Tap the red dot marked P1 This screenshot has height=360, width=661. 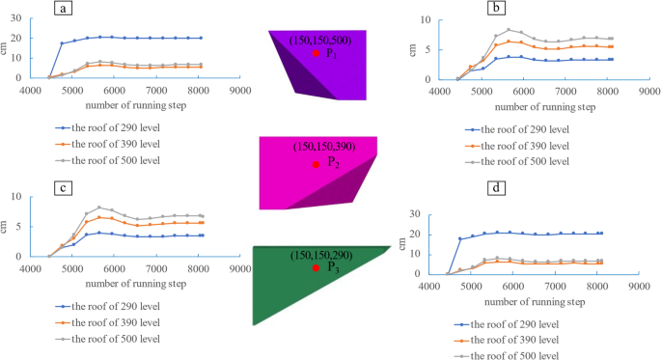pos(315,53)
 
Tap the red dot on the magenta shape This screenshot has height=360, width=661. pos(315,164)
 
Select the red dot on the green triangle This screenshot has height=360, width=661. pos(316,267)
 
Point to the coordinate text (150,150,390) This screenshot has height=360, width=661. pos(324,147)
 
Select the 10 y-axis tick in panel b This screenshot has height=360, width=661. pos(412,19)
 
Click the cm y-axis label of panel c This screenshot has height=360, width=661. pos(8,226)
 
